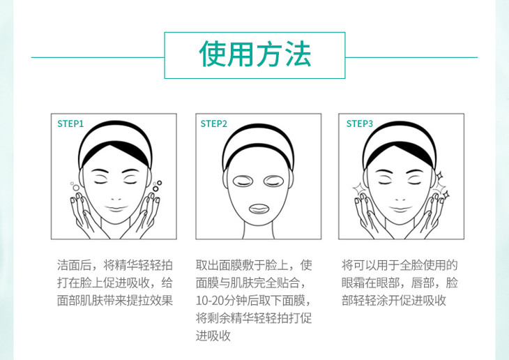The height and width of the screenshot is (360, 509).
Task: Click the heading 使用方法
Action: [254, 54]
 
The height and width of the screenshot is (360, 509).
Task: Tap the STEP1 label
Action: [70, 123]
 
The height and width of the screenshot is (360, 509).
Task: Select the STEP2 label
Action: [213, 123]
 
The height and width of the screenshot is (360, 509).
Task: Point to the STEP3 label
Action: [359, 123]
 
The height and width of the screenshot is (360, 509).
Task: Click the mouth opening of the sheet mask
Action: [259, 209]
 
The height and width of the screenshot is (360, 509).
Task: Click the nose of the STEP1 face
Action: [116, 197]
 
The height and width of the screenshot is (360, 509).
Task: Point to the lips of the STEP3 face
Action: [400, 209]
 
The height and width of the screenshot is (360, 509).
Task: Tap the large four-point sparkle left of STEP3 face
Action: [358, 188]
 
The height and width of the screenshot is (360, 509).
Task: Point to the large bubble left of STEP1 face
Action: [76, 188]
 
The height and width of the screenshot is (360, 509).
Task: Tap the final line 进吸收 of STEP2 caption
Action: [213, 336]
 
